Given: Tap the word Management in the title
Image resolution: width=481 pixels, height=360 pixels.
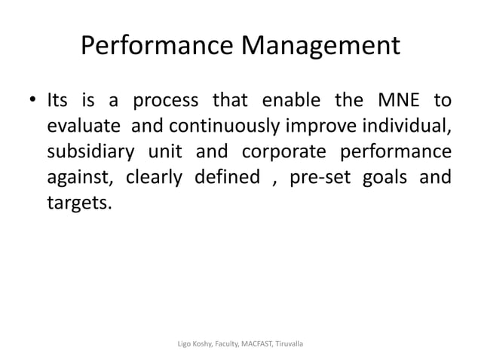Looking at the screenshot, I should tap(320, 47).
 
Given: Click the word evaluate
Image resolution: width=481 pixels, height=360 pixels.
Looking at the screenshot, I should tap(84, 125).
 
